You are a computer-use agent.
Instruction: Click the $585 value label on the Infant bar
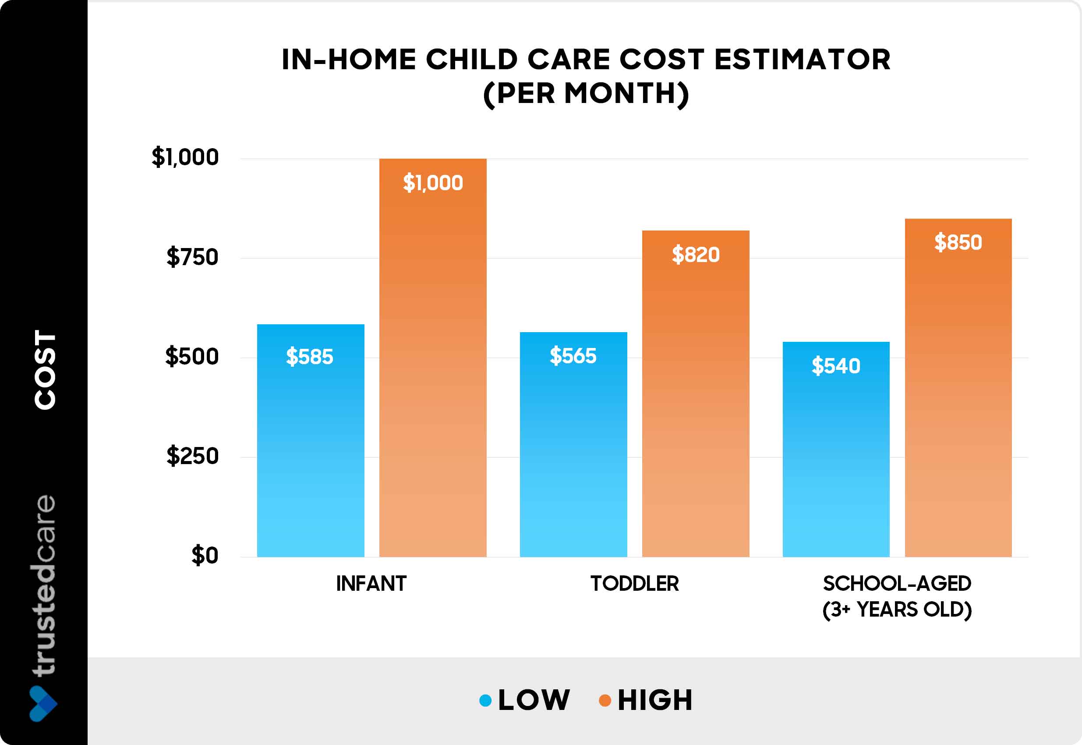tap(309, 357)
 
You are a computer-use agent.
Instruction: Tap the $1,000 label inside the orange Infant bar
tap(432, 182)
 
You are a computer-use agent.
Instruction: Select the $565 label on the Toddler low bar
tap(573, 356)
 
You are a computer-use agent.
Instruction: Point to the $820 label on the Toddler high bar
tap(695, 255)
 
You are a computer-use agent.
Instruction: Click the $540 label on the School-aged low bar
tap(836, 365)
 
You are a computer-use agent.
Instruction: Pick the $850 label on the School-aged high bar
tap(958, 242)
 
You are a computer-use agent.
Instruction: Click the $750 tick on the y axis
tap(192, 257)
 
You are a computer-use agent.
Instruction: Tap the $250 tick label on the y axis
tap(192, 456)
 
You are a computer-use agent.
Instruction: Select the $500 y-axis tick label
tap(192, 357)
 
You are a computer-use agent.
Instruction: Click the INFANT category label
tap(371, 583)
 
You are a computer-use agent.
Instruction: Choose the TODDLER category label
tap(635, 583)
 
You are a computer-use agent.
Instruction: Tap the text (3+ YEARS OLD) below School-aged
tap(897, 610)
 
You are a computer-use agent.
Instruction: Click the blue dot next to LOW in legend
tap(485, 700)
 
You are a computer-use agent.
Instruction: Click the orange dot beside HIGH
tap(605, 700)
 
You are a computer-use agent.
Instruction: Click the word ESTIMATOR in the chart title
tap(802, 60)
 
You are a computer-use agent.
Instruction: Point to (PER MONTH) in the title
tap(586, 93)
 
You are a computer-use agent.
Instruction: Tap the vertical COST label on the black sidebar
tap(45, 369)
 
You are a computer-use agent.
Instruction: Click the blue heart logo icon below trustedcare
tap(43, 703)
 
